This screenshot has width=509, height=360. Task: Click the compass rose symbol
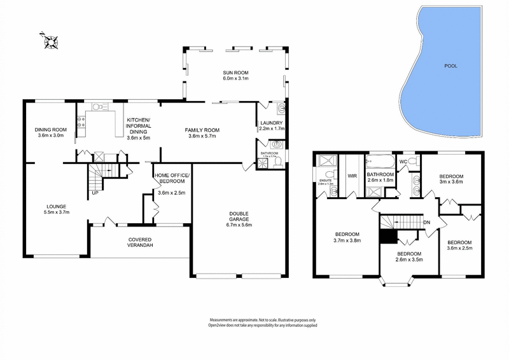pyautogui.click(x=50, y=42)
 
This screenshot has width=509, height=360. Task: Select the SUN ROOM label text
pyautogui.click(x=235, y=71)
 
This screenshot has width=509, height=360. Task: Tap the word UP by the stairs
pyautogui.click(x=95, y=192)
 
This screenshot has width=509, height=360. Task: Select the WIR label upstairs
pyautogui.click(x=352, y=176)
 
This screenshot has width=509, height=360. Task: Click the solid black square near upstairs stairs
pyautogui.click(x=387, y=236)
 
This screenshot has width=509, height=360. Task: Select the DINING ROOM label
pyautogui.click(x=50, y=129)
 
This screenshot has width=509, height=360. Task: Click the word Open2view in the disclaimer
pyautogui.click(x=219, y=325)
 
